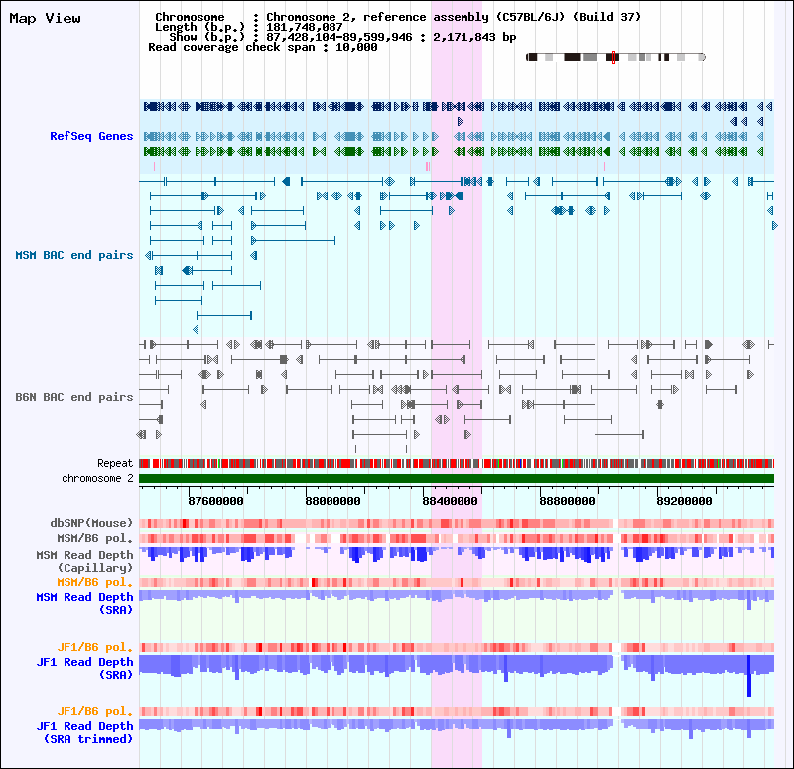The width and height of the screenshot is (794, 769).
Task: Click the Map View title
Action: (x=46, y=18)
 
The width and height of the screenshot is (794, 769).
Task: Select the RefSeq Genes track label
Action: (x=91, y=136)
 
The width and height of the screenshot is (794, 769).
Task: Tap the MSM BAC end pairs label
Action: (x=73, y=255)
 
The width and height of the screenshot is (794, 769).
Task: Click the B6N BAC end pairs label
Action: (x=73, y=397)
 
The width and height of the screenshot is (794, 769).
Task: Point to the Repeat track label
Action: (x=115, y=463)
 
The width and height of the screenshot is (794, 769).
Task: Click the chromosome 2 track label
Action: (x=97, y=478)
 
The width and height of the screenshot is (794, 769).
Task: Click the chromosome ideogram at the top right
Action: (x=615, y=58)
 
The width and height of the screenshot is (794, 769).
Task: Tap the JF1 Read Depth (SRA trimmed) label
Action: (x=84, y=732)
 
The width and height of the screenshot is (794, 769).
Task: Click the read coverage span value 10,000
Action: (x=356, y=47)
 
